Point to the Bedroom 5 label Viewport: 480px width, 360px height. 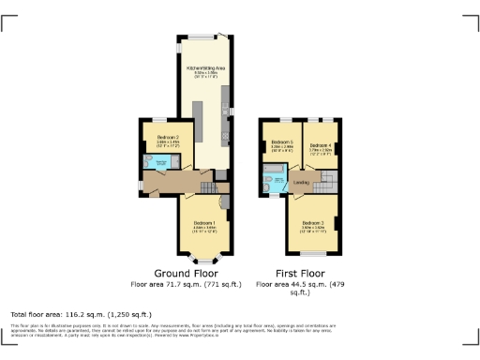(281, 144)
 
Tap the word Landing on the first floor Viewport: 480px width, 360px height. (301, 182)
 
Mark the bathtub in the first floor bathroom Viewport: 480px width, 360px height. (268, 181)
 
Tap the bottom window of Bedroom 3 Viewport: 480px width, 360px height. (313, 254)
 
